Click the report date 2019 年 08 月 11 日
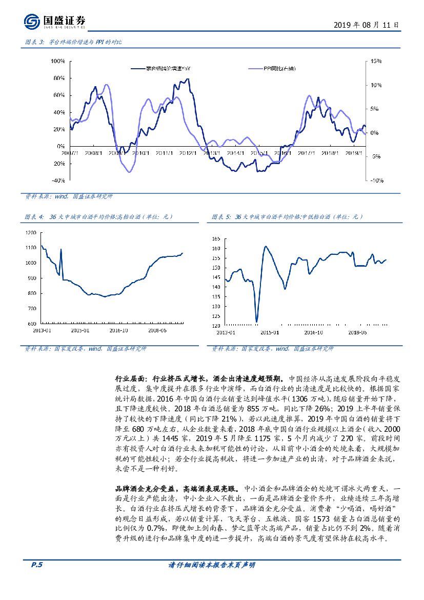pyautogui.click(x=366, y=24)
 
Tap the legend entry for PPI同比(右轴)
pyautogui.click(x=279, y=69)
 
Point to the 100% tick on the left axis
pyautogui.click(x=58, y=62)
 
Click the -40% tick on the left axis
pyautogui.click(x=58, y=181)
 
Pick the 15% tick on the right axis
pyautogui.click(x=376, y=62)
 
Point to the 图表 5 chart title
pyautogui.click(x=288, y=217)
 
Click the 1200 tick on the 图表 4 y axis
pyautogui.click(x=31, y=232)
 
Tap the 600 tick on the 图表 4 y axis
pyautogui.click(x=32, y=324)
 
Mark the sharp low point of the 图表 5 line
pyautogui.click(x=256, y=322)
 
